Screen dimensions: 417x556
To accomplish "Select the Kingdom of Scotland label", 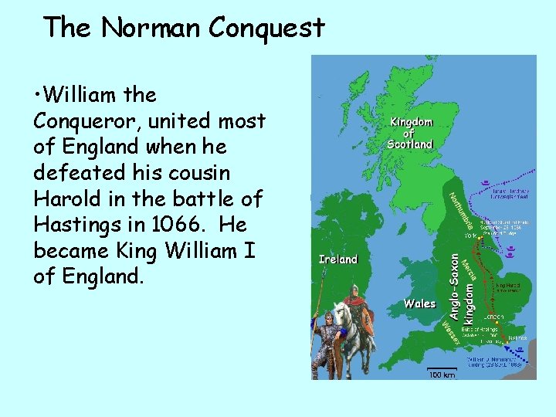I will (x=411, y=133).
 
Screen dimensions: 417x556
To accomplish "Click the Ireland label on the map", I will (x=337, y=259).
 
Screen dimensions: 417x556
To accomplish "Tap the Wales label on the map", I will (x=419, y=303).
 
